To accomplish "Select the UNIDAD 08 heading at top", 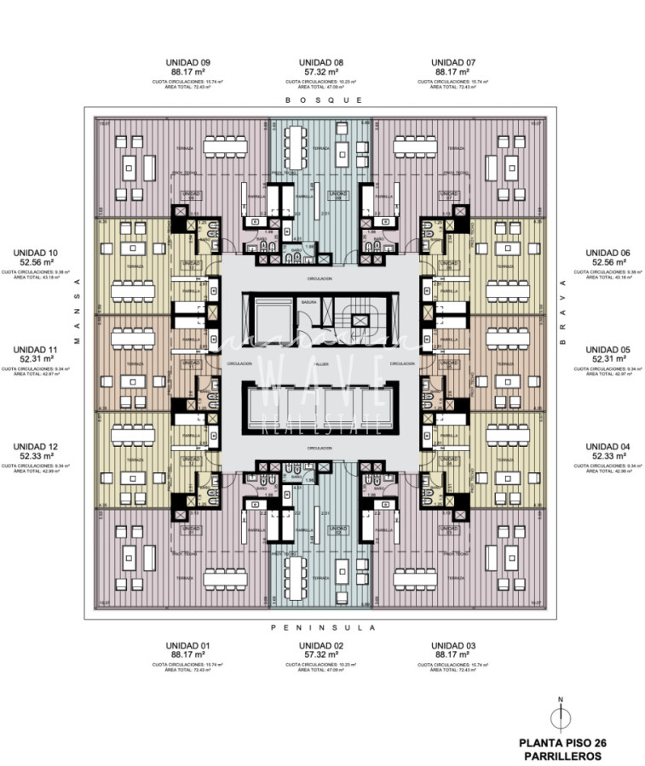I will [321, 62].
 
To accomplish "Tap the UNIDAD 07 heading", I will [453, 62].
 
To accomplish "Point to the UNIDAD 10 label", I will [36, 253].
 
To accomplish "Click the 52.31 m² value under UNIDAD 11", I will [36, 358].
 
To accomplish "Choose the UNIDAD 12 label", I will [36, 446].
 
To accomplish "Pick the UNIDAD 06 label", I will [608, 253].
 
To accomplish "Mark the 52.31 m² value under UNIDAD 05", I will [608, 358].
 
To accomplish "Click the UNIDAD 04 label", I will [608, 446].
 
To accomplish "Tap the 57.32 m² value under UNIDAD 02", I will [321, 655].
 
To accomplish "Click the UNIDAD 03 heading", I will [453, 645].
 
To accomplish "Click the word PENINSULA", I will [321, 627].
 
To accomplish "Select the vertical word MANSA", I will [75, 312].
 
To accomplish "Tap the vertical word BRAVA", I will [563, 312].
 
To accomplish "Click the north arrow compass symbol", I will [560, 716].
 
